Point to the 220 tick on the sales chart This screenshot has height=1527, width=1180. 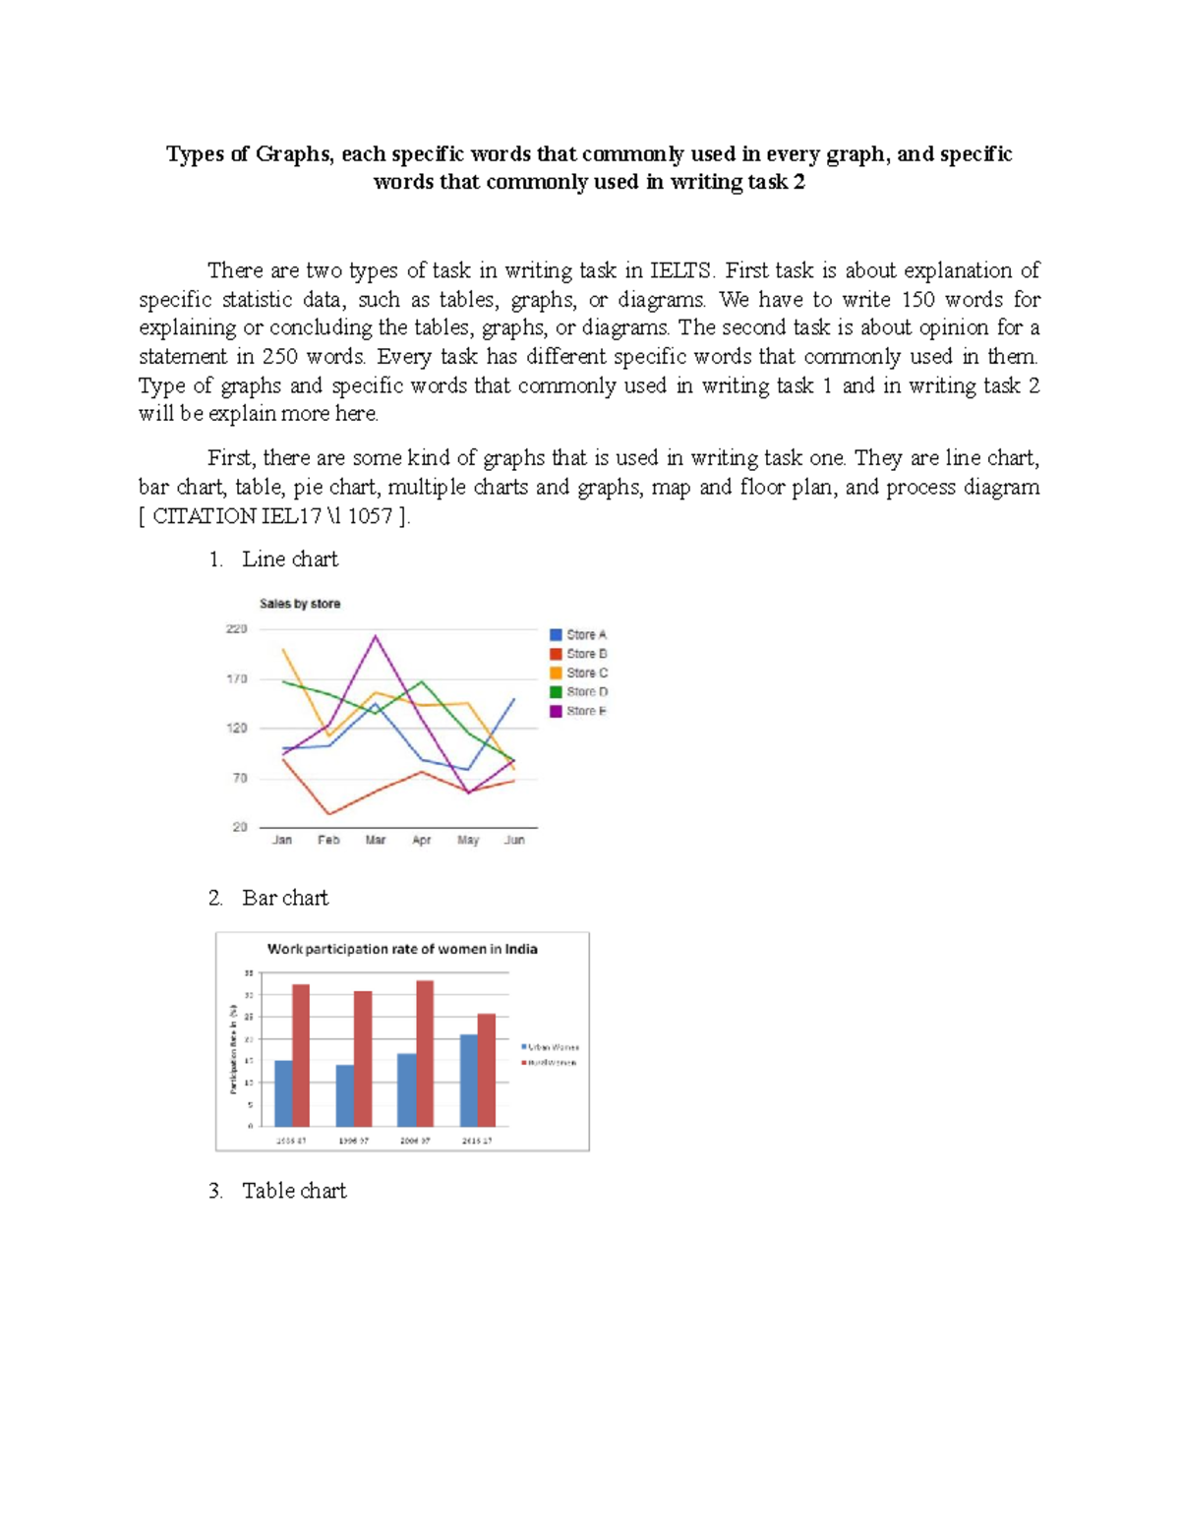[237, 629]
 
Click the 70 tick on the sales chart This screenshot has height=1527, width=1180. [239, 778]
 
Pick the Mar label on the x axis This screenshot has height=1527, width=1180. [376, 840]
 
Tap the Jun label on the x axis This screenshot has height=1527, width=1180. [514, 840]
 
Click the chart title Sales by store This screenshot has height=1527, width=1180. [300, 604]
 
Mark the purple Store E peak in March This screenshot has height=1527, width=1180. [376, 636]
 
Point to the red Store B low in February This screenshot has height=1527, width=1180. [328, 813]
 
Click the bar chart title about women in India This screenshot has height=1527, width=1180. [402, 949]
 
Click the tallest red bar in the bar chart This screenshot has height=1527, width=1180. [425, 1052]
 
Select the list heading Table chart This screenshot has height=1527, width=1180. [294, 1191]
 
